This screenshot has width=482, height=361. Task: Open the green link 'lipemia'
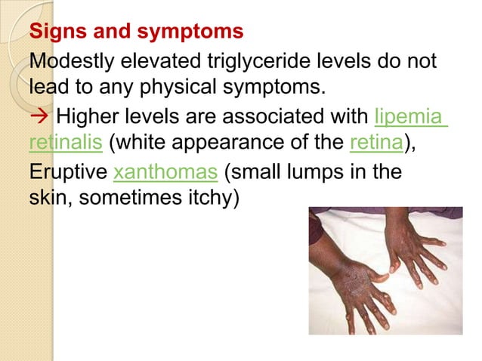click(x=410, y=117)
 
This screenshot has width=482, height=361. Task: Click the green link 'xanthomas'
click(x=165, y=172)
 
